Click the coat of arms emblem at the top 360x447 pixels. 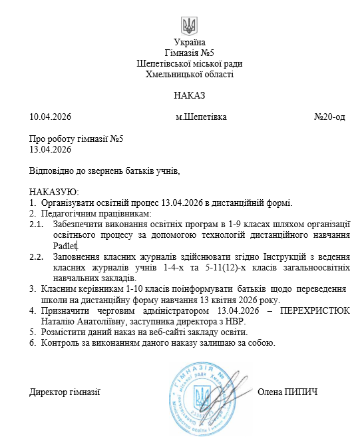[x=189, y=27]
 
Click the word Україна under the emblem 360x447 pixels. [x=189, y=43]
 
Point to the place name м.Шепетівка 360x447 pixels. [x=201, y=117]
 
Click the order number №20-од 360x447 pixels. [x=329, y=117]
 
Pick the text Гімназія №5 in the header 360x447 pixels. [x=189, y=53]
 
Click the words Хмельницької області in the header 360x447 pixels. [x=189, y=74]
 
